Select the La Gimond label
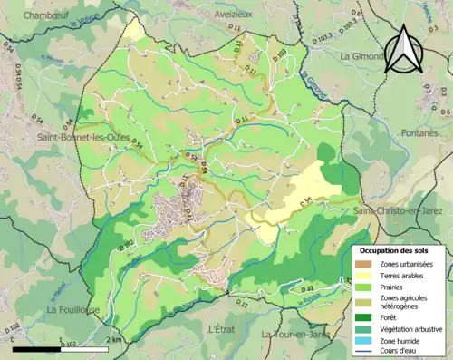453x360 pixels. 362,55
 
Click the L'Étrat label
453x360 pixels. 224,327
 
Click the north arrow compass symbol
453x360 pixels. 404,49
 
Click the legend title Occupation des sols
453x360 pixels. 396,249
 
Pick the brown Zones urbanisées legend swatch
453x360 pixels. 362,264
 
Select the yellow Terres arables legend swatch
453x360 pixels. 362,276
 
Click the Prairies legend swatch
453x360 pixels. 362,287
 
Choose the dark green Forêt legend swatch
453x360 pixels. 362,316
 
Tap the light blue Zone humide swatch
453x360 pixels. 362,340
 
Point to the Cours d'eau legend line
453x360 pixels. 362,351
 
